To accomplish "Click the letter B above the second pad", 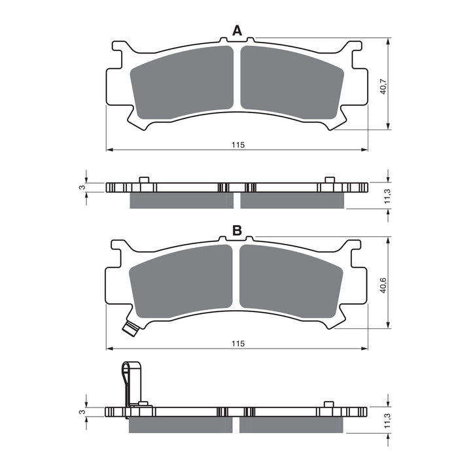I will click(237, 230).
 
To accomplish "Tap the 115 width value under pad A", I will click(237, 145).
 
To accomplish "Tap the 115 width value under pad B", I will click(237, 343).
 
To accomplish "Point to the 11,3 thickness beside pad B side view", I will click(387, 423).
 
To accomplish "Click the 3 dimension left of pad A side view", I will click(82, 188).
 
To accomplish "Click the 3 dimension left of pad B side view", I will click(82, 412).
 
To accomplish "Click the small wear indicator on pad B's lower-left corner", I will click(131, 328).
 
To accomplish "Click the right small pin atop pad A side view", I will click(330, 180).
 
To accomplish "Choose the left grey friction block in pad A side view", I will click(181, 201).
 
